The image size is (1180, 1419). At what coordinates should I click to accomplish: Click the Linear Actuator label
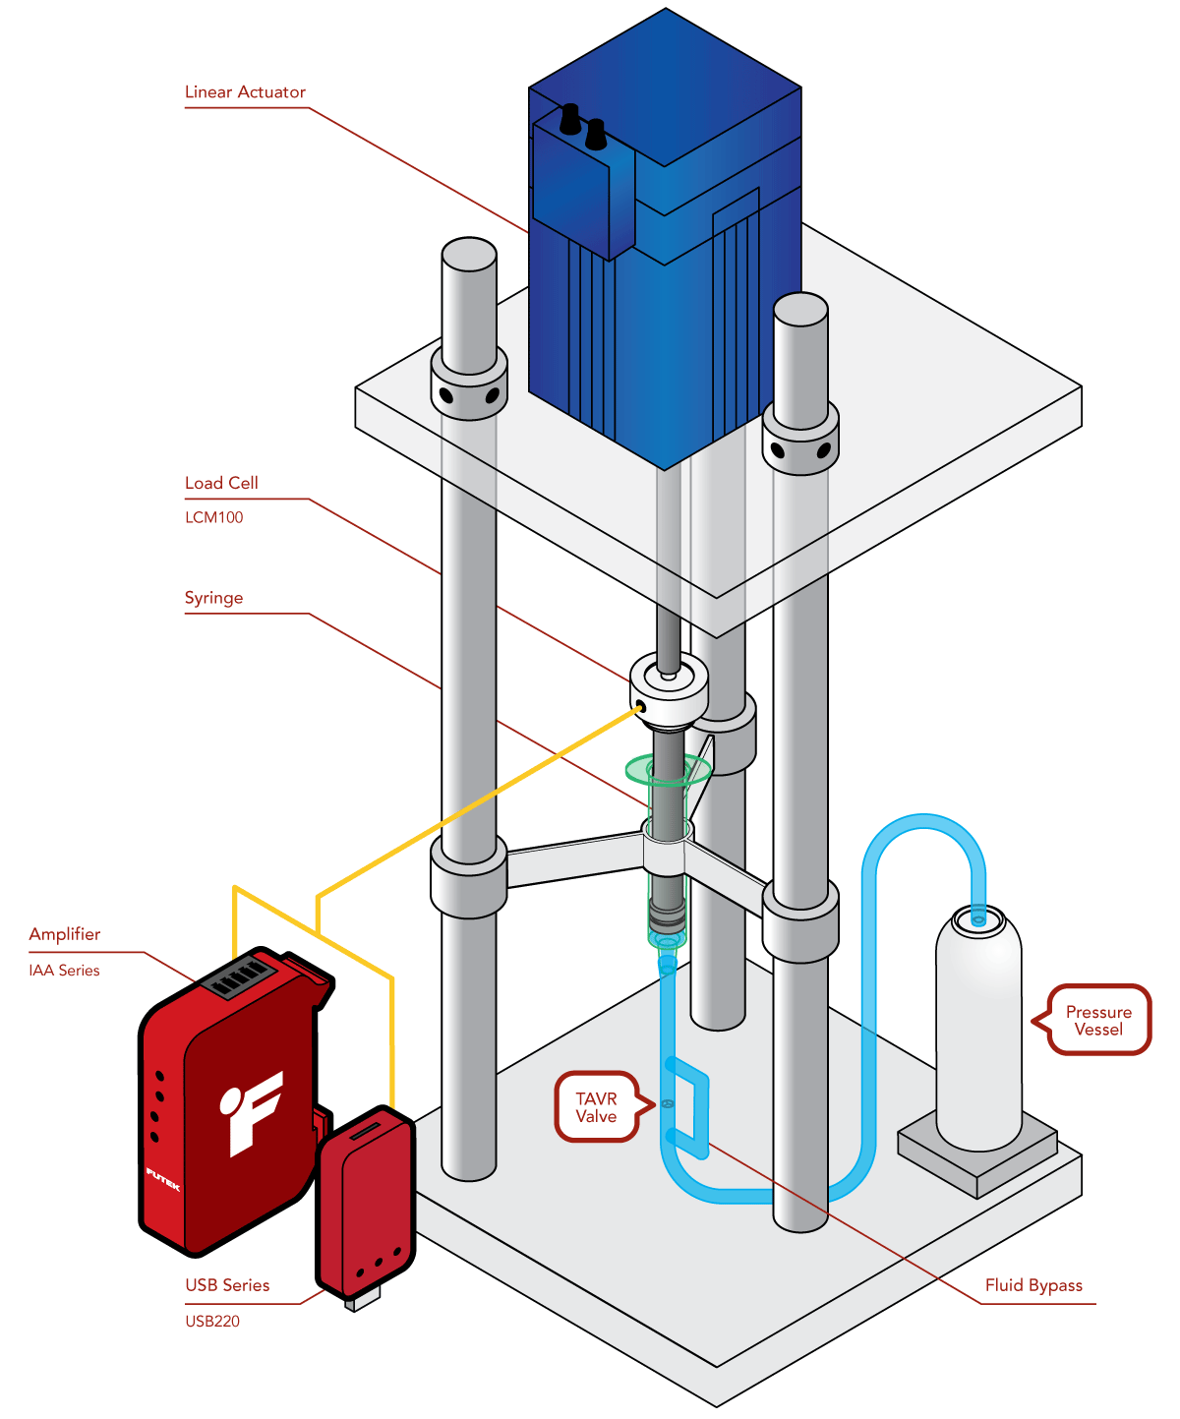[245, 92]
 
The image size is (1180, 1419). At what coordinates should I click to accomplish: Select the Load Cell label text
[221, 483]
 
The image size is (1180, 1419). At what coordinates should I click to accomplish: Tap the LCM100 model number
[213, 517]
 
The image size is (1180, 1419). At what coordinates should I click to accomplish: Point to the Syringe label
[213, 598]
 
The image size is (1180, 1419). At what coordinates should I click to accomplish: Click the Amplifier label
[65, 934]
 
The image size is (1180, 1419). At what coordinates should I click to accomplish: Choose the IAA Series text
[64, 971]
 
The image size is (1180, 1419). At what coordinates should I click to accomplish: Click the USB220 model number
[212, 1321]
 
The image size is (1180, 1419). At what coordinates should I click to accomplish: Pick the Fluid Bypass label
[1033, 1285]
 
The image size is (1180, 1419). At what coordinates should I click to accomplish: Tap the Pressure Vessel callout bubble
[1098, 1021]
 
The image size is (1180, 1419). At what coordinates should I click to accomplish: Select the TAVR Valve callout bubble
[596, 1107]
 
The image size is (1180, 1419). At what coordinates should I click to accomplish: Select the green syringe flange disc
[669, 768]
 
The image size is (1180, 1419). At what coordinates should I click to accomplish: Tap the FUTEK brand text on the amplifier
[163, 1179]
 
